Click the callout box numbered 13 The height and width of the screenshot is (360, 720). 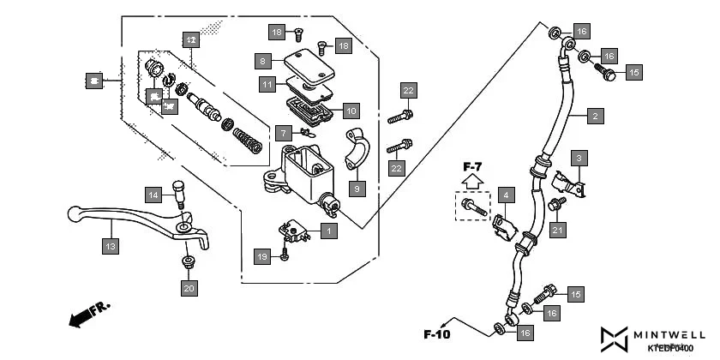(x=110, y=247)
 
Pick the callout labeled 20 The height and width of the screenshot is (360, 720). (x=189, y=288)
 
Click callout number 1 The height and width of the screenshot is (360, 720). (x=329, y=231)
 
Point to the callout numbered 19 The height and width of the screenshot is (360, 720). (x=262, y=256)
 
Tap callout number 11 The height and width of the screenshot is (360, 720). (x=268, y=84)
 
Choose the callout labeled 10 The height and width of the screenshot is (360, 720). (x=351, y=111)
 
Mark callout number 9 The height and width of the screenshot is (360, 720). (x=357, y=187)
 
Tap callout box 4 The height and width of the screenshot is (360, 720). (x=506, y=195)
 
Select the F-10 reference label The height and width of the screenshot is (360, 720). (x=436, y=333)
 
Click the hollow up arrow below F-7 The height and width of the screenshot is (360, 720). (x=471, y=181)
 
